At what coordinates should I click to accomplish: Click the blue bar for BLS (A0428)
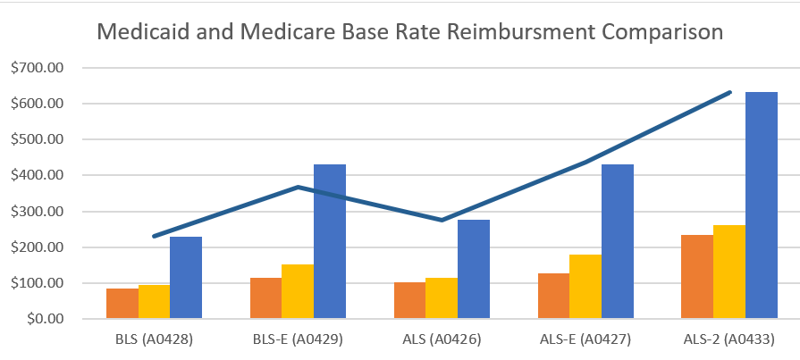coord(186,278)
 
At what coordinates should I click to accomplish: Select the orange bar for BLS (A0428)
coord(122,304)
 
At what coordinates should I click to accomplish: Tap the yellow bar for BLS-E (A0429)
coord(298,291)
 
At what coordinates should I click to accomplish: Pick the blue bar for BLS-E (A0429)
coord(330,241)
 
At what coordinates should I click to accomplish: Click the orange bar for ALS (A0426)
coord(409,300)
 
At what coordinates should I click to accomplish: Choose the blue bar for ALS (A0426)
coord(474,269)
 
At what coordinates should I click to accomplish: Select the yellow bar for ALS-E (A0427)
coord(585,287)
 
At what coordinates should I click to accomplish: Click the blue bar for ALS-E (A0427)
coord(618,241)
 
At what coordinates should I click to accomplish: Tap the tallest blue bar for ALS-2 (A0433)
coord(762,205)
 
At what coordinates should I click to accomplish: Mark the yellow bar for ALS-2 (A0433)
coord(729,272)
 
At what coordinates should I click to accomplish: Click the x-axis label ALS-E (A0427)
coord(585,340)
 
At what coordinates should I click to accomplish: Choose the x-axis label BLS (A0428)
coord(154,340)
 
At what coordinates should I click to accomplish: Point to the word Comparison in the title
coord(662,32)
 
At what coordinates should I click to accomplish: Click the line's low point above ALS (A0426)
coord(442,220)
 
